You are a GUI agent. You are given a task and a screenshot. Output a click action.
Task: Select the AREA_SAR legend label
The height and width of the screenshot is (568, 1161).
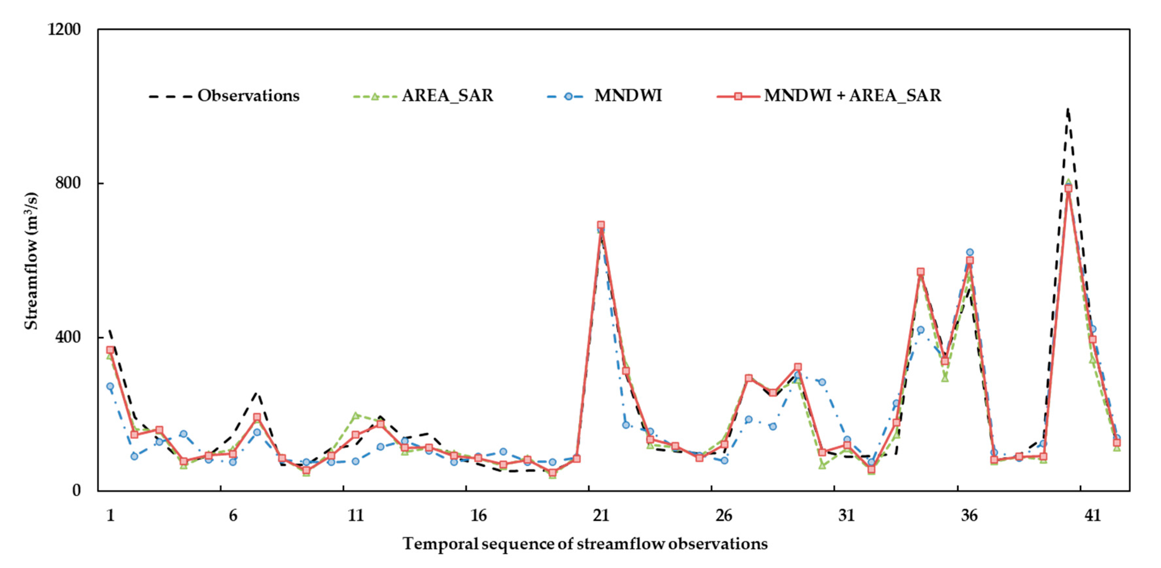(x=448, y=96)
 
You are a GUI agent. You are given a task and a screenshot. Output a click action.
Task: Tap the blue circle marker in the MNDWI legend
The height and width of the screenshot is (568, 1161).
(x=568, y=96)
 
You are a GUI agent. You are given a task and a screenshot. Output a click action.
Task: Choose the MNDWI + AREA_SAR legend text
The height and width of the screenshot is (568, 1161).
(x=852, y=96)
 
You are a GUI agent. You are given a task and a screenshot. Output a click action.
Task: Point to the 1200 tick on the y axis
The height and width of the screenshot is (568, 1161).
(x=64, y=29)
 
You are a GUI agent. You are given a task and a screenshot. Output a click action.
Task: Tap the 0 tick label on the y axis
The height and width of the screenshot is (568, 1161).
(x=77, y=490)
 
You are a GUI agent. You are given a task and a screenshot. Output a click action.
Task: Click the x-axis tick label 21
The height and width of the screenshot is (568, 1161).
(x=601, y=515)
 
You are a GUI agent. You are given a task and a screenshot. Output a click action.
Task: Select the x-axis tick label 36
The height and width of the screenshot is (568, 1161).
(x=969, y=515)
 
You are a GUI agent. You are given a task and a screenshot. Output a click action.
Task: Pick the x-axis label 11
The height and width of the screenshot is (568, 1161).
(x=356, y=515)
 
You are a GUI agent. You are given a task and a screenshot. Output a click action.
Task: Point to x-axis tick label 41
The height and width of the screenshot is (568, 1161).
(x=1092, y=515)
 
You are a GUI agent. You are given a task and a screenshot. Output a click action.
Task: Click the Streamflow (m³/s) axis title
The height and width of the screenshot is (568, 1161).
(x=31, y=261)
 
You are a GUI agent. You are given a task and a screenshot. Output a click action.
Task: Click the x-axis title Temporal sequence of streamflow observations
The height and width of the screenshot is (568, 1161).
(x=585, y=544)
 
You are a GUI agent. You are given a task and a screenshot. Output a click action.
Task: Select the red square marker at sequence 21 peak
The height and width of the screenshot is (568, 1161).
(x=601, y=225)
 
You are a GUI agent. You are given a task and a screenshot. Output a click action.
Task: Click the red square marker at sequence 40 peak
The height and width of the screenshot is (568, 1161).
(x=1068, y=188)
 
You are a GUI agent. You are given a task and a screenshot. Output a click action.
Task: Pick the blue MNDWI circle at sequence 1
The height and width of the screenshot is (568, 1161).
(x=110, y=386)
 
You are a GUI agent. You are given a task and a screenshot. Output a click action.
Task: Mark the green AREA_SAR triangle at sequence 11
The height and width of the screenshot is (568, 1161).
(x=356, y=415)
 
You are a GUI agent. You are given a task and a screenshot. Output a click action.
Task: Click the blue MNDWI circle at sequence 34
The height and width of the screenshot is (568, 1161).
(x=920, y=330)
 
